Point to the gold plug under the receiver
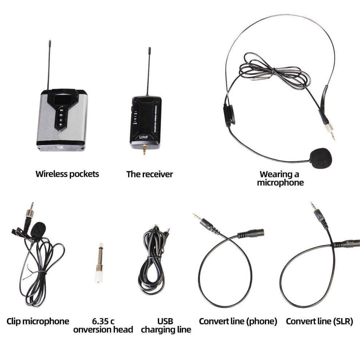(x=144, y=149)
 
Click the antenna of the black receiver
(x=148, y=71)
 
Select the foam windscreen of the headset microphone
(x=320, y=157)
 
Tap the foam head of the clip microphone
(x=39, y=230)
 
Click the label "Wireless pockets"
(x=67, y=174)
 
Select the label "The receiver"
(x=149, y=174)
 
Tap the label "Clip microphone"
(x=38, y=321)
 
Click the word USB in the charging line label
(x=165, y=321)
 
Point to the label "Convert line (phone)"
(x=238, y=321)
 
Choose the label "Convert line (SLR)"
(x=319, y=321)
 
